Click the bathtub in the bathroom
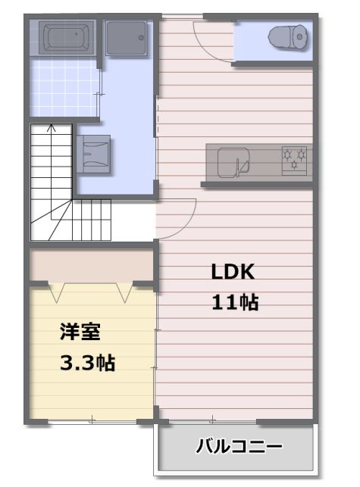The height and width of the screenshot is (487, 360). pyautogui.click(x=66, y=38)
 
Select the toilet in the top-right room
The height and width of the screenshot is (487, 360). pyautogui.click(x=288, y=37)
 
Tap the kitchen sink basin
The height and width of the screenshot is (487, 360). pyautogui.click(x=233, y=162)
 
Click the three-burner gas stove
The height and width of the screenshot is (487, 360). pyautogui.click(x=294, y=161)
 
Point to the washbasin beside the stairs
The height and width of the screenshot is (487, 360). pyautogui.click(x=93, y=154)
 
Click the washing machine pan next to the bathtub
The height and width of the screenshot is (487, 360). pyautogui.click(x=127, y=38)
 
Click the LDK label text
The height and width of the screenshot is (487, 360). pyautogui.click(x=233, y=272)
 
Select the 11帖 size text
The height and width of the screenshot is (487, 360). pyautogui.click(x=235, y=302)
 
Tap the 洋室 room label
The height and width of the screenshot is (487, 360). pyautogui.click(x=80, y=332)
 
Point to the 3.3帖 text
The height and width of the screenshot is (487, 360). pyautogui.click(x=87, y=363)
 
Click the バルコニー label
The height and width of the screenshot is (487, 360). pyautogui.click(x=239, y=446)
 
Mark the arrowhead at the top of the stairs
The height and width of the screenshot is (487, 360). pyautogui.click(x=52, y=127)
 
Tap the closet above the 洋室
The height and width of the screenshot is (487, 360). pyautogui.click(x=92, y=265)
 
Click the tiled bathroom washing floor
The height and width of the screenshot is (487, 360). pyautogui.click(x=64, y=88)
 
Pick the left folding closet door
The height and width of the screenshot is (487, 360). pyautogui.click(x=57, y=292)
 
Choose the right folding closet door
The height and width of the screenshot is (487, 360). pyautogui.click(x=125, y=292)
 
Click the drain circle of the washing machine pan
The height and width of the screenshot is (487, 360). pyautogui.click(x=141, y=38)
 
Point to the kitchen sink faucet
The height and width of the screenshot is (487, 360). pyautogui.click(x=238, y=167)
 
